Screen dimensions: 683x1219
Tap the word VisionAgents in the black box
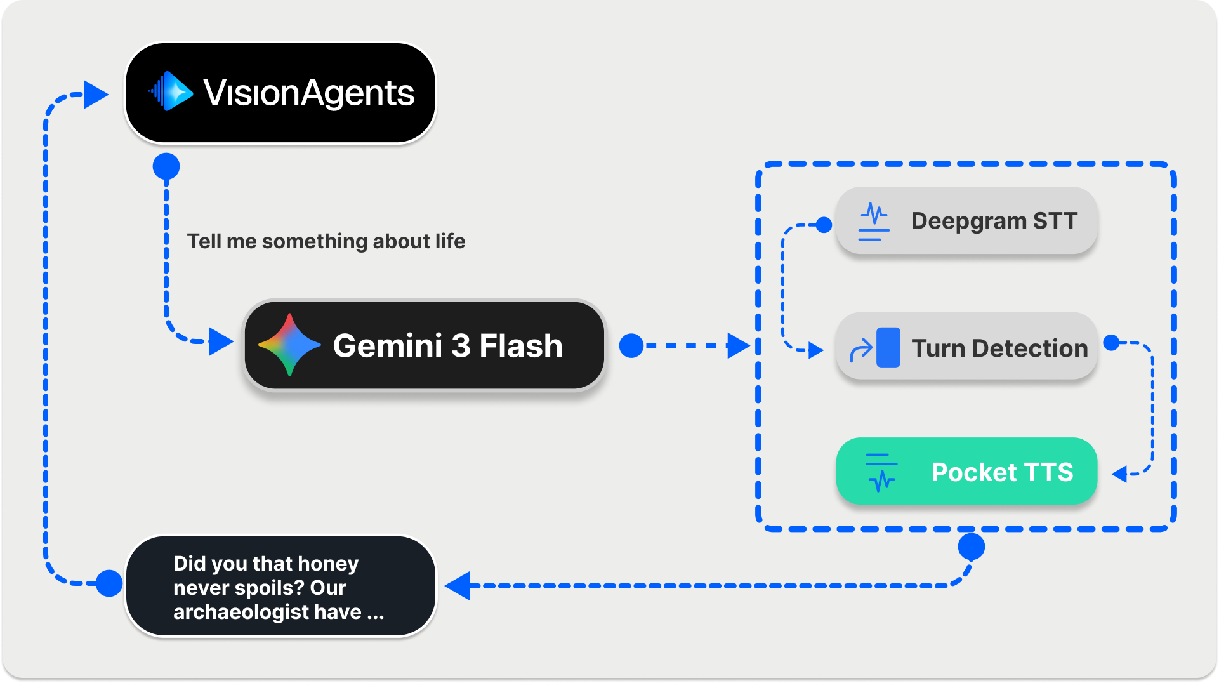pyautogui.click(x=308, y=93)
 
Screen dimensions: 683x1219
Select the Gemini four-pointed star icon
pyautogui.click(x=289, y=345)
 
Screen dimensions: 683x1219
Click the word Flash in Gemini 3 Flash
pyautogui.click(x=520, y=346)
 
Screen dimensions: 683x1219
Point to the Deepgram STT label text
pyautogui.click(x=994, y=221)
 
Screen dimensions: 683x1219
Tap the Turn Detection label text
pyautogui.click(x=999, y=348)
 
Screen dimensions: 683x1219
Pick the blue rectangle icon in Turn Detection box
pyautogui.click(x=888, y=347)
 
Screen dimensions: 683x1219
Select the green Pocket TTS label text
pyautogui.click(x=1002, y=472)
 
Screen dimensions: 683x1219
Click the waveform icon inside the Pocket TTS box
pyautogui.click(x=881, y=472)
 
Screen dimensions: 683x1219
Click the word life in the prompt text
pyautogui.click(x=450, y=241)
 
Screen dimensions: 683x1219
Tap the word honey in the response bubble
pyautogui.click(x=327, y=564)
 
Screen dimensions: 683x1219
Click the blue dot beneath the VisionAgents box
pyautogui.click(x=166, y=166)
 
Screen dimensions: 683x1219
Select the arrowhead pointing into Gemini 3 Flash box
pyautogui.click(x=220, y=341)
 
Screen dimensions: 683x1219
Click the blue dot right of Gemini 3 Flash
pyautogui.click(x=631, y=346)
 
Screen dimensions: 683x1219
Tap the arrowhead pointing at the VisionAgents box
pyautogui.click(x=96, y=95)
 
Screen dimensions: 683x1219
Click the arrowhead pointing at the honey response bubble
pyautogui.click(x=458, y=585)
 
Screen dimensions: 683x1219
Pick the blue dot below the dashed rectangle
pyautogui.click(x=971, y=547)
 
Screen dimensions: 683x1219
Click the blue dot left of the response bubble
pyautogui.click(x=109, y=583)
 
